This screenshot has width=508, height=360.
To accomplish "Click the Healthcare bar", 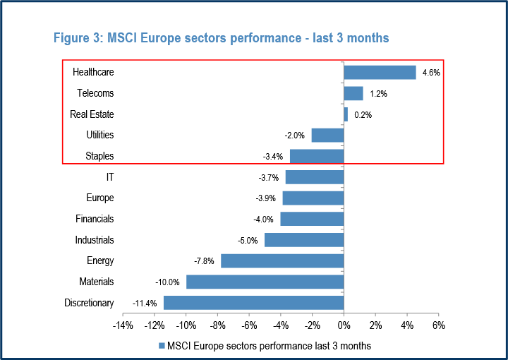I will pyautogui.click(x=380, y=72).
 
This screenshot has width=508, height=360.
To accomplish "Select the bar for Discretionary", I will pyautogui.click(x=253, y=303).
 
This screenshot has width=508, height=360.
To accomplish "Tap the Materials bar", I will pyautogui.click(x=265, y=282).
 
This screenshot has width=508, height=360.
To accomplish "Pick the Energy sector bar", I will pyautogui.click(x=282, y=261).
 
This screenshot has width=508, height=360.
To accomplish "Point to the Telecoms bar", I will pyautogui.click(x=353, y=93).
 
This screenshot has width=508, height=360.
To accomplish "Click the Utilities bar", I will pyautogui.click(x=327, y=135).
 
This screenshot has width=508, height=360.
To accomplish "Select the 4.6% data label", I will pyautogui.click(x=430, y=73).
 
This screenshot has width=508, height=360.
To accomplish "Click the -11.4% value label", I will pyautogui.click(x=145, y=304).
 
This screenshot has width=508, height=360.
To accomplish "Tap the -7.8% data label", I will pyautogui.click(x=205, y=261).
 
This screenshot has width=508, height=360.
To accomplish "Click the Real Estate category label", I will pyautogui.click(x=92, y=114).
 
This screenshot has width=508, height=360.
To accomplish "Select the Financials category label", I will pyautogui.click(x=95, y=220).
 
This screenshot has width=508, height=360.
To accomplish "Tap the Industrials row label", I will pyautogui.click(x=95, y=240).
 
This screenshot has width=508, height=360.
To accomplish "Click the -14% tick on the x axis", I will pyautogui.click(x=123, y=325).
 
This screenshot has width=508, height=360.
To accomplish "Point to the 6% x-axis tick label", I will pyautogui.click(x=438, y=325).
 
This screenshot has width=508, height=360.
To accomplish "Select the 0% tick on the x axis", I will pyautogui.click(x=344, y=325).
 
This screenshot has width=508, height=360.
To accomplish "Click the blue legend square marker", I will pyautogui.click(x=162, y=346).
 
